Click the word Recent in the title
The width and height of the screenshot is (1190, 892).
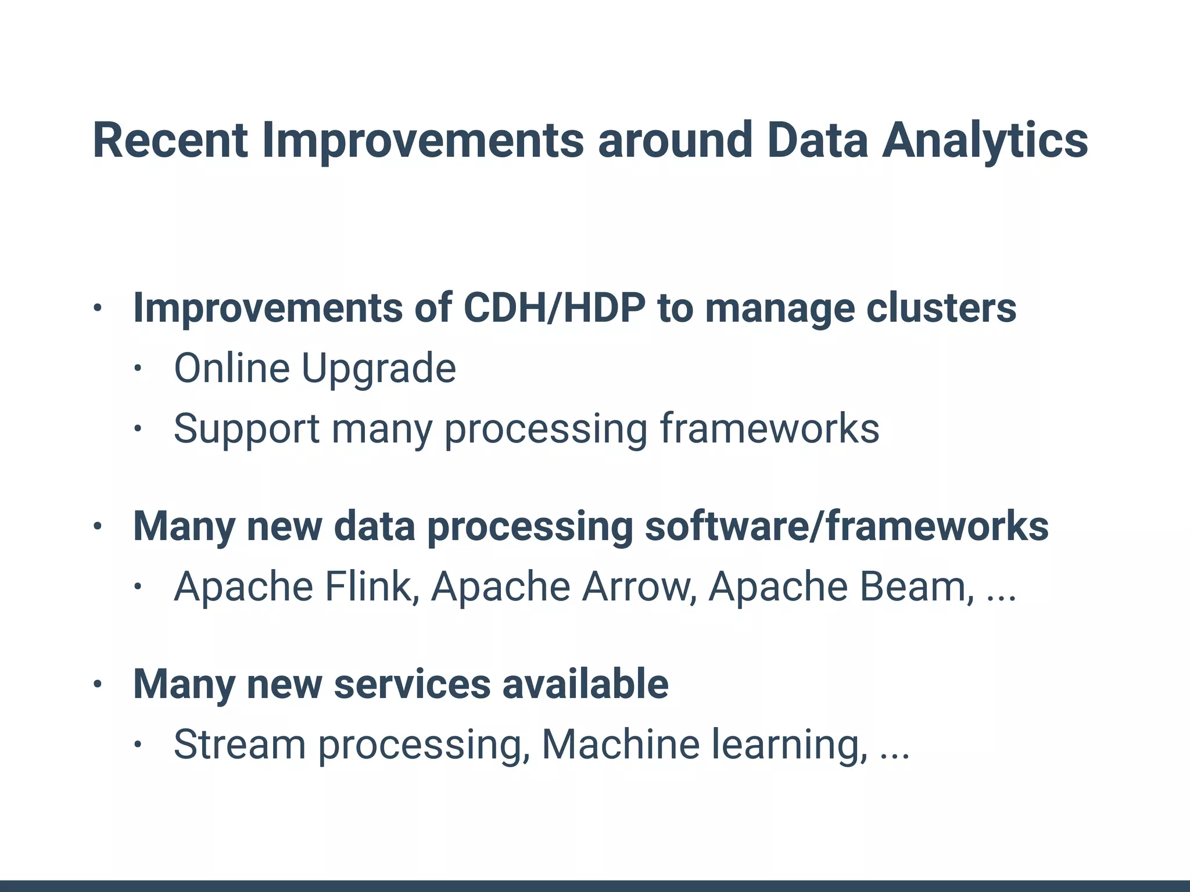[x=170, y=141]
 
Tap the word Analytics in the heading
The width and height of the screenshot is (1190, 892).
[x=984, y=141]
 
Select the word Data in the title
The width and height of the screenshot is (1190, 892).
[x=817, y=141]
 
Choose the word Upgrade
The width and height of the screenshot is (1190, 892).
[x=378, y=369]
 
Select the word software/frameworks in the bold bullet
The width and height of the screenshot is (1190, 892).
[x=847, y=526]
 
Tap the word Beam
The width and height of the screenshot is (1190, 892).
[x=916, y=586]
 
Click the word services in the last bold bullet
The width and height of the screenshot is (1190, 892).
[x=412, y=684]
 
